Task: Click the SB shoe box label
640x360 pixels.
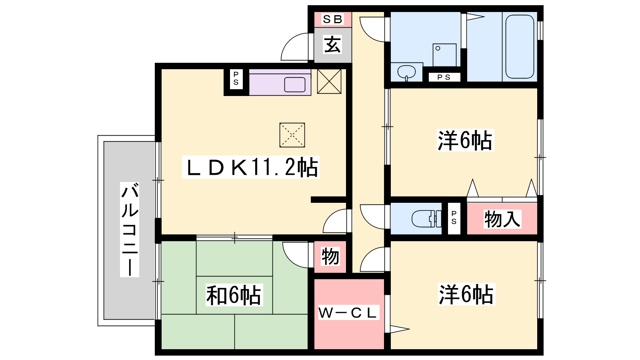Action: (x=332, y=19)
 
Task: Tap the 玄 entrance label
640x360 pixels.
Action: (x=332, y=44)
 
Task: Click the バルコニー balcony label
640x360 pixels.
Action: (x=130, y=230)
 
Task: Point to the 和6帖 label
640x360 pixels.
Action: (x=234, y=295)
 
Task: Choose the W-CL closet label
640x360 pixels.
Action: (x=349, y=312)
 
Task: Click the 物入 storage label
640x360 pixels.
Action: (x=502, y=219)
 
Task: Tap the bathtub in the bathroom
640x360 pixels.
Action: (x=520, y=46)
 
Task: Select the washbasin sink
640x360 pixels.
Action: (x=406, y=72)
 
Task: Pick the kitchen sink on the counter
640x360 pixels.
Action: (x=295, y=84)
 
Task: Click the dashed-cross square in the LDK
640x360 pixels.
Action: (x=292, y=135)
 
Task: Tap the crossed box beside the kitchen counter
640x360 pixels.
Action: (x=329, y=82)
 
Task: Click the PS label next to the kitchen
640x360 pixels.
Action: (x=236, y=78)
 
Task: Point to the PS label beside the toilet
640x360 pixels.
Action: (x=454, y=218)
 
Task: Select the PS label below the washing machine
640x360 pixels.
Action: (x=444, y=77)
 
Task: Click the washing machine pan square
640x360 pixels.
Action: (x=444, y=55)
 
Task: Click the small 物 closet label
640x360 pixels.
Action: (x=330, y=256)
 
